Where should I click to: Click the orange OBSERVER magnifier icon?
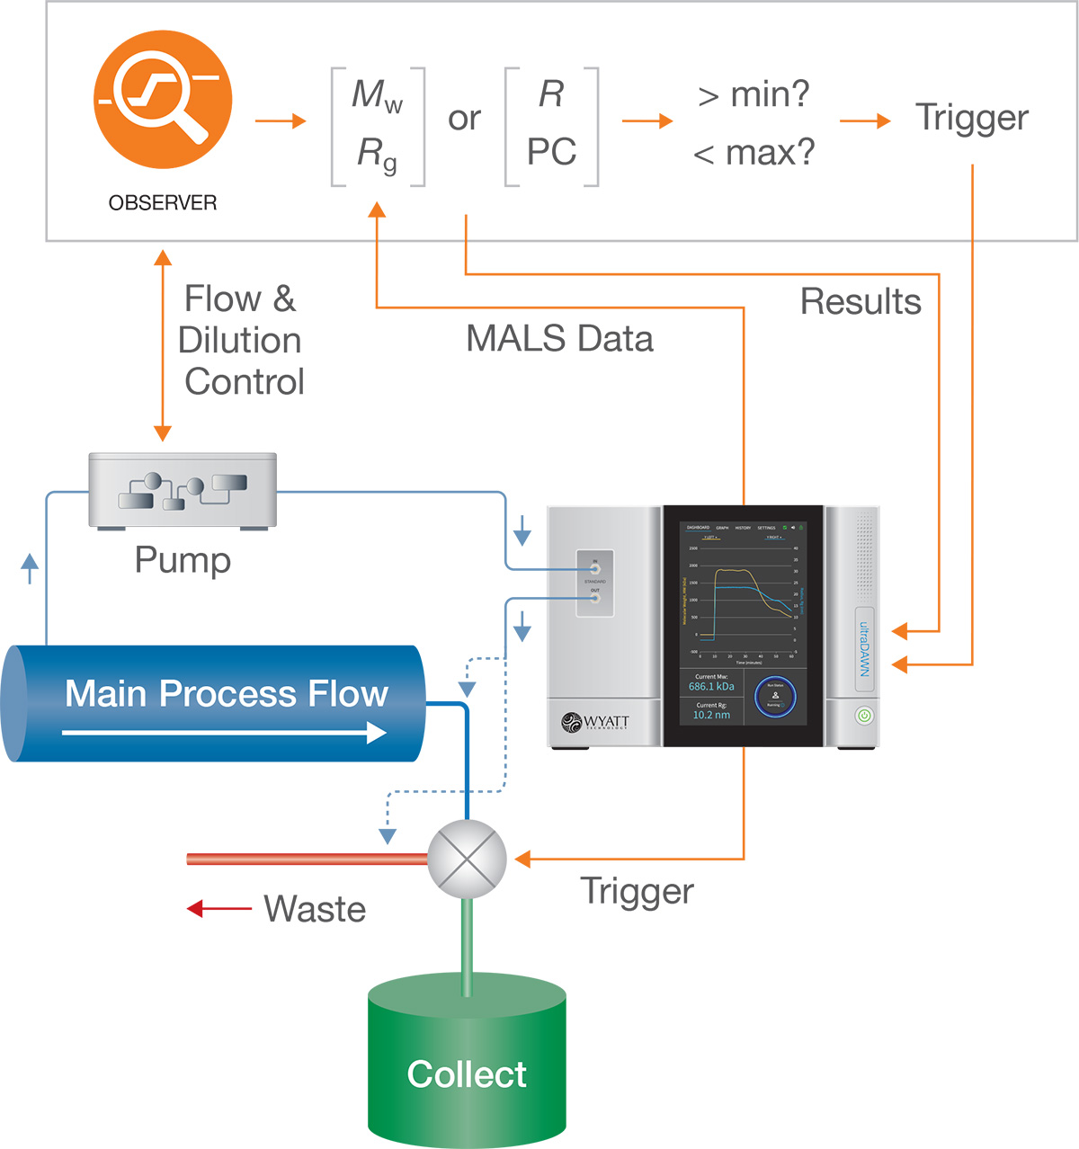pyautogui.click(x=163, y=99)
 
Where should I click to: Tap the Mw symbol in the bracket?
pyautogui.click(x=377, y=95)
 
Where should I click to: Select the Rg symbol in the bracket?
pyautogui.click(x=377, y=154)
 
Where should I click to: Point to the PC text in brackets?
pyautogui.click(x=551, y=152)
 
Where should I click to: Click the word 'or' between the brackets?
pyautogui.click(x=464, y=119)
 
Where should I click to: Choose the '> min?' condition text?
pyautogui.click(x=754, y=94)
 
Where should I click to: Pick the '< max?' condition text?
pyautogui.click(x=754, y=153)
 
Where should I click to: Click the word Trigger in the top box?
pyautogui.click(x=972, y=118)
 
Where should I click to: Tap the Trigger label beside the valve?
pyautogui.click(x=637, y=891)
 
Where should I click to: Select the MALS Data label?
pyautogui.click(x=559, y=339)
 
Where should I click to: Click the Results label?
pyautogui.click(x=861, y=302)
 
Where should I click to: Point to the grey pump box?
pyautogui.click(x=183, y=490)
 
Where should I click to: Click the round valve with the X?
pyautogui.click(x=467, y=859)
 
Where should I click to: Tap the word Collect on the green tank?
pyautogui.click(x=467, y=1074)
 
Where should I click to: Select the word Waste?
pyautogui.click(x=315, y=909)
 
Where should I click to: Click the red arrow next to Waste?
pyautogui.click(x=218, y=909)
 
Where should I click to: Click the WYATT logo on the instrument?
pyautogui.click(x=595, y=722)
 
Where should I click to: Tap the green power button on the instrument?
pyautogui.click(x=863, y=716)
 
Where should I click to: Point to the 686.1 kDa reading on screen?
pyautogui.click(x=711, y=686)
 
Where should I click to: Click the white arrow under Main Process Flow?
pyautogui.click(x=225, y=733)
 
